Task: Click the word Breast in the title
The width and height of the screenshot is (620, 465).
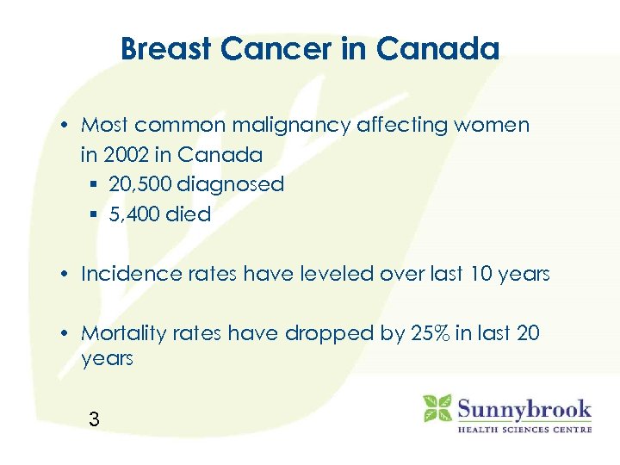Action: [167, 49]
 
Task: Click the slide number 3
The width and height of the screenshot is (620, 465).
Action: [94, 420]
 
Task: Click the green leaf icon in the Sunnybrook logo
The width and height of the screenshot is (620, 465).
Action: [437, 407]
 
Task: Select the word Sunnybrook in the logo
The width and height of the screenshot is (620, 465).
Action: [524, 406]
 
